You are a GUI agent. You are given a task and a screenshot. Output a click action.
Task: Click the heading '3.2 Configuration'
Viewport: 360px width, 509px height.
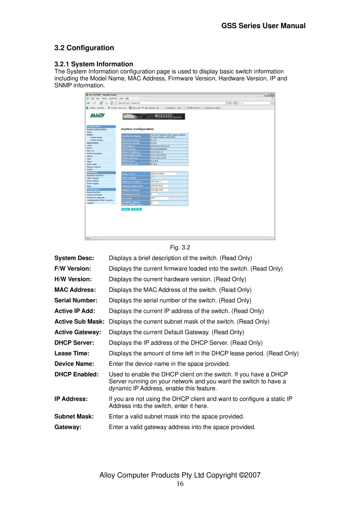pos(84,48)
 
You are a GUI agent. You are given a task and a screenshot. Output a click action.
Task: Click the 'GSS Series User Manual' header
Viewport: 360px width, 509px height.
pos(263,26)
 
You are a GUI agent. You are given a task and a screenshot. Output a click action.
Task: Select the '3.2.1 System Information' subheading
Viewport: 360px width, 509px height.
pos(94,64)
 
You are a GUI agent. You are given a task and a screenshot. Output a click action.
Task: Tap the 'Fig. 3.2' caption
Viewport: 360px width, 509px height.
pos(180,247)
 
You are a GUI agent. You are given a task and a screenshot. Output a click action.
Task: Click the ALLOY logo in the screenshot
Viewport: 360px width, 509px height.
pos(97,115)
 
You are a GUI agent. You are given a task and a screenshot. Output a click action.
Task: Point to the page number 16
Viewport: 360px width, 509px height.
pos(180,484)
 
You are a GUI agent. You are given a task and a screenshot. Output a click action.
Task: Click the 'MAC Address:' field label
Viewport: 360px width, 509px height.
pos(75,290)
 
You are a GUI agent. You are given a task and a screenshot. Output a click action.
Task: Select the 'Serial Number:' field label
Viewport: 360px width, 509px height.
pos(76,300)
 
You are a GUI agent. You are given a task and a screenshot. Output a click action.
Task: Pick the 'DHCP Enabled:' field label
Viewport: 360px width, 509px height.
pos(77,374)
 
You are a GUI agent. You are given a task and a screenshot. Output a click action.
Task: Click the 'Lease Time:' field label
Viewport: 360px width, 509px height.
pos(72,353)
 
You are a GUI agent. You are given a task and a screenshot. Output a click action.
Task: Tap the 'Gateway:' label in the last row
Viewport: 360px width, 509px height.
pos(68,427)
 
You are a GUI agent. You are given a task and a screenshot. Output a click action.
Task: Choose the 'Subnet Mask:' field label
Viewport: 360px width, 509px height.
pos(74,416)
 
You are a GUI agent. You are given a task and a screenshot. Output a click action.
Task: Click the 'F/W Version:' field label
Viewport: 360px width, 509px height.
pos(73,269)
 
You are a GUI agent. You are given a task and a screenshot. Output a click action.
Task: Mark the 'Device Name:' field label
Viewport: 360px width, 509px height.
pos(74,364)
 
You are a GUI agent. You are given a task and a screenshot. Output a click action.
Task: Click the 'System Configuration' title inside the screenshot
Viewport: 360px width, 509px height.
pos(137,129)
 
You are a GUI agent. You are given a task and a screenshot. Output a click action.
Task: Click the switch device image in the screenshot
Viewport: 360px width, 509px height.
pos(154,116)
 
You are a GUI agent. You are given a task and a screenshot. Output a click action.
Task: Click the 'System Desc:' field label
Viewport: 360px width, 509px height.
pos(74,258)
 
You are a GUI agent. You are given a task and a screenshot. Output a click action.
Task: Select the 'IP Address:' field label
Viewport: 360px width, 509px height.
pos(71,399)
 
